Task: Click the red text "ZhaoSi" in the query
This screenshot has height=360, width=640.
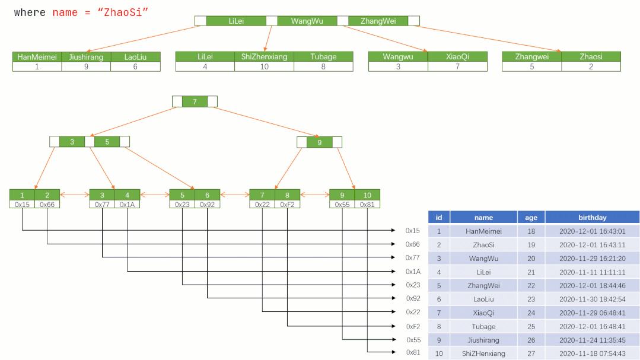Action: coord(122,12)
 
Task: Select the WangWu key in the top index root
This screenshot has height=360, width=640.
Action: coord(307,21)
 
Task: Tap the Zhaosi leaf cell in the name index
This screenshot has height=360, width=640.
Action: coord(591,57)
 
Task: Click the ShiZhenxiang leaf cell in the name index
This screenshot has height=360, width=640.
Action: coord(264,57)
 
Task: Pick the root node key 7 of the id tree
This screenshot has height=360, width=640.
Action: coord(195,101)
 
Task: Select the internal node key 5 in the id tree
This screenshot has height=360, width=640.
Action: coord(107,142)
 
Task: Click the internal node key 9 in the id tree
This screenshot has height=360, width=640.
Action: coord(320,142)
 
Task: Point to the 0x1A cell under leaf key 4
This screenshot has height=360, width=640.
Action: coord(128,205)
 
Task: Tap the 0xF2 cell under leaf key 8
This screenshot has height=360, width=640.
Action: coord(287,205)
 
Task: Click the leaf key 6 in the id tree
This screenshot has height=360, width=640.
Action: coord(208,195)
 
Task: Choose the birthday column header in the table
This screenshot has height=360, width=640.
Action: coord(592,218)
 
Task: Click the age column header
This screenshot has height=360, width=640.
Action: coord(531,218)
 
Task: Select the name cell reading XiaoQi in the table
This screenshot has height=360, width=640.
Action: coord(483,313)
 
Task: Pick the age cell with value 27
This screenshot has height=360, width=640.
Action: coord(531,353)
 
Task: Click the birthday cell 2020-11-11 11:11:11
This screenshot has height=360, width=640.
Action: coord(592,272)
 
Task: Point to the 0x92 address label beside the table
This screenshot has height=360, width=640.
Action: coord(413,298)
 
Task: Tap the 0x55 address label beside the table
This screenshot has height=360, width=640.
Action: coord(413,340)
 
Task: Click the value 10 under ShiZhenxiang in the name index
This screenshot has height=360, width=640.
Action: coord(264,66)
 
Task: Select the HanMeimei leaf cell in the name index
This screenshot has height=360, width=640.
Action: coord(37,57)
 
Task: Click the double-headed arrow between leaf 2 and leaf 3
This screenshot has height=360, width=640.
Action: coord(75,195)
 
